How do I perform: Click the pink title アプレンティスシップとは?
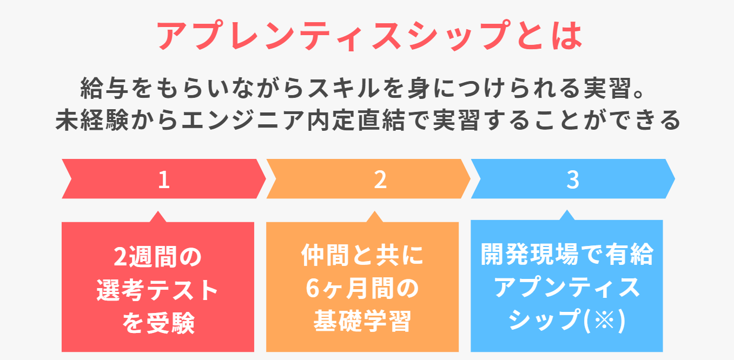click(368, 36)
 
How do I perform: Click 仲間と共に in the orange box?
click(362, 256)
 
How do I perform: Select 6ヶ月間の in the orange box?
click(362, 289)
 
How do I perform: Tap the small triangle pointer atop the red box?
click(157, 217)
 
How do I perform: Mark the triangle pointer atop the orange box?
click(375, 217)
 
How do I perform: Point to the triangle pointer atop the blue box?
click(567, 215)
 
